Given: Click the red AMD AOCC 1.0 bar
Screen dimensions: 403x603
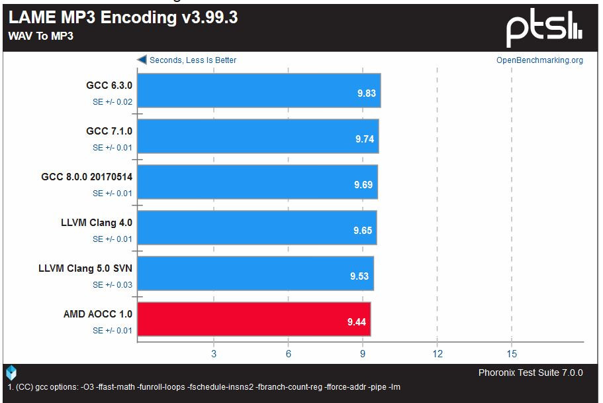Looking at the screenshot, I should (254, 319).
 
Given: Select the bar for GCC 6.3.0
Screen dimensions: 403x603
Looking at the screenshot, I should (259, 90).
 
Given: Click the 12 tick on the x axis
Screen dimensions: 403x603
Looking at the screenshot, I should (437, 354).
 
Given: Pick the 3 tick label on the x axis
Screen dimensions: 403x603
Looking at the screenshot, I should (214, 354).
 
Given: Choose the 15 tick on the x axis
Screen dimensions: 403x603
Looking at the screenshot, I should (512, 354).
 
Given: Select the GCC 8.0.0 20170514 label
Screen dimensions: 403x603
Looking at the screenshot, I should (87, 177).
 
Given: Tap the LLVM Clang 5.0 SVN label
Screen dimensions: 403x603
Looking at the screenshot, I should (86, 268).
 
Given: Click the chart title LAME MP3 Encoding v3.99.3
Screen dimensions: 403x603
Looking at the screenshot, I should (123, 18).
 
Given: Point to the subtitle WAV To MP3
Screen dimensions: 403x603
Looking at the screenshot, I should (40, 36).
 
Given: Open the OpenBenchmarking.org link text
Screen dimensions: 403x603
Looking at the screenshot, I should (539, 60).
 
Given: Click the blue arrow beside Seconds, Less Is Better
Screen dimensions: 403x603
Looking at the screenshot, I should (142, 60).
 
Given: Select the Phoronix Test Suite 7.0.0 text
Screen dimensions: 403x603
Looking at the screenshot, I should (530, 373).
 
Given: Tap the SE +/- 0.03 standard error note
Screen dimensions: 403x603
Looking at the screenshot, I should (113, 285).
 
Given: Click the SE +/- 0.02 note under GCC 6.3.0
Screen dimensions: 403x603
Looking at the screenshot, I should (113, 102).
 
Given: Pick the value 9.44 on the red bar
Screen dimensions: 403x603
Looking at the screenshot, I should (357, 322).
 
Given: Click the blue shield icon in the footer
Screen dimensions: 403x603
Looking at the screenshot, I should (11, 373).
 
